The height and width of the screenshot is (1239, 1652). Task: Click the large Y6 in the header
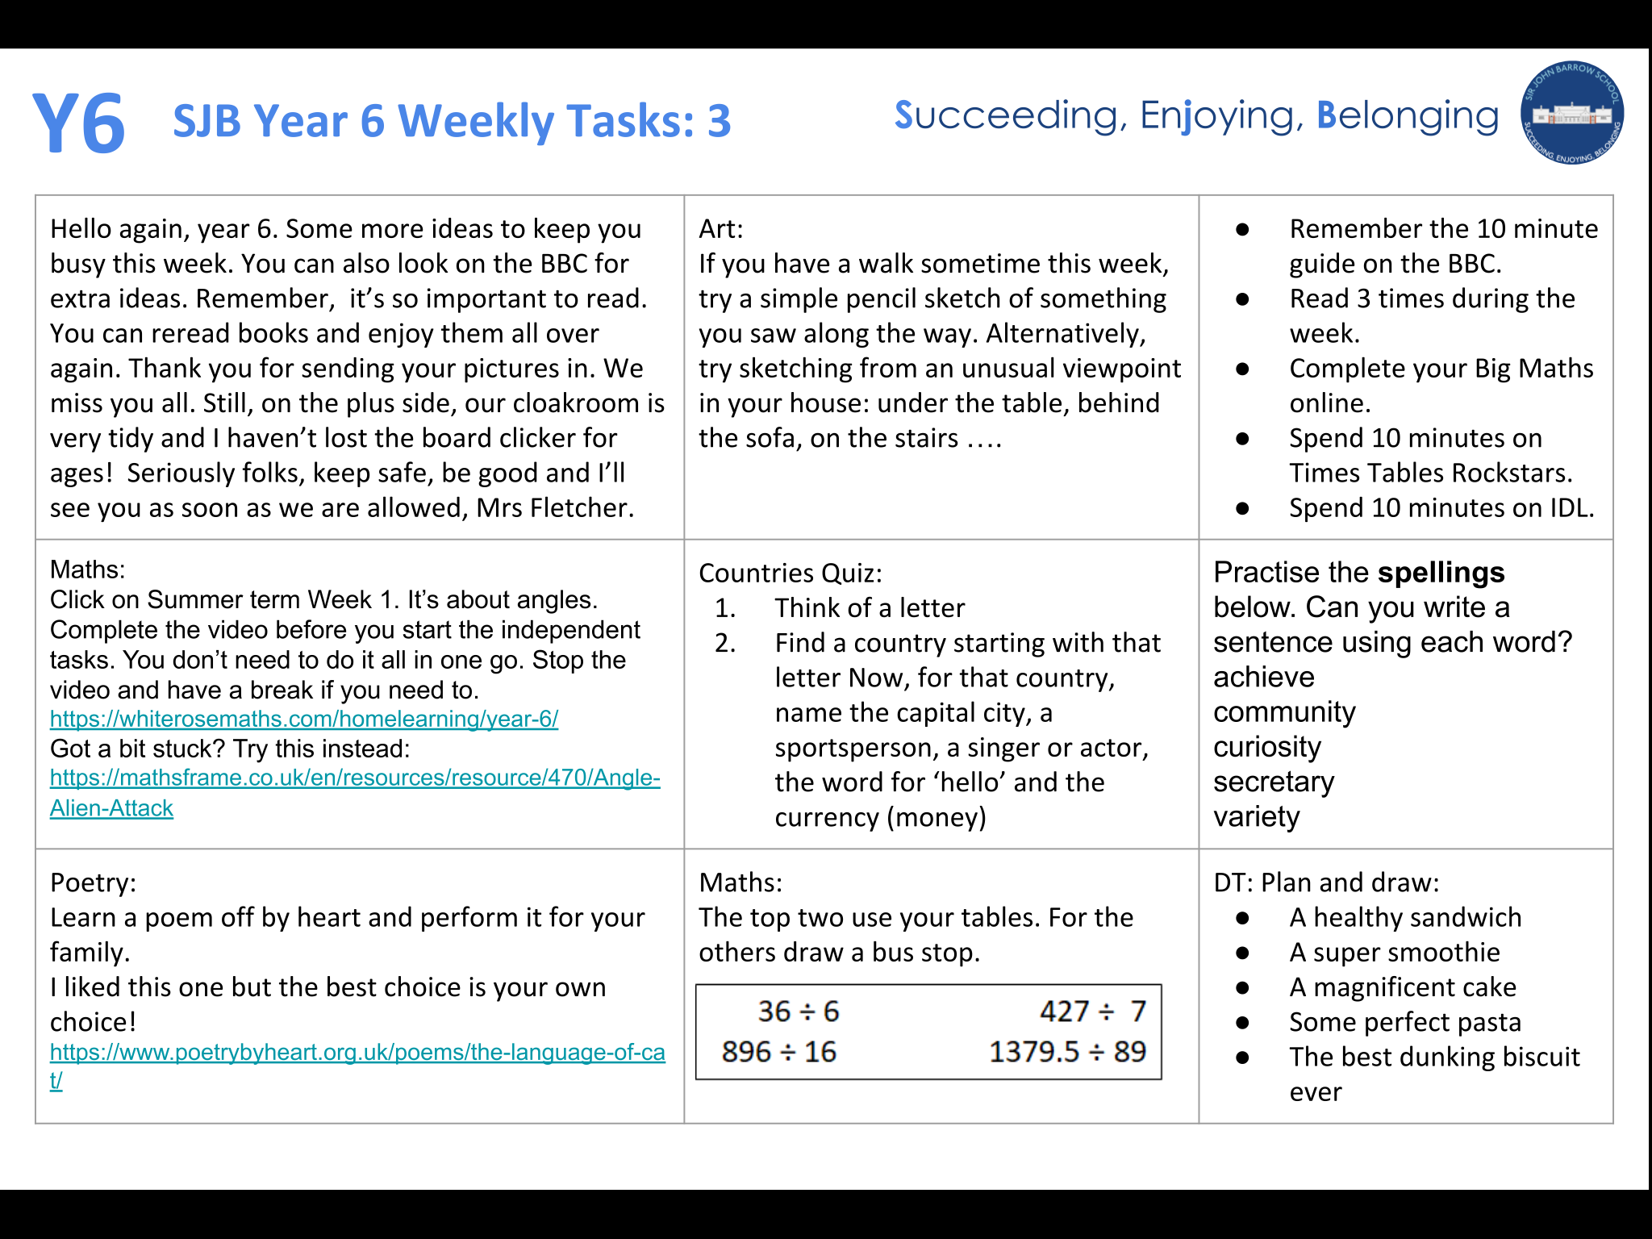[79, 123]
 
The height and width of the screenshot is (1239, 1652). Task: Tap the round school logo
[1571, 114]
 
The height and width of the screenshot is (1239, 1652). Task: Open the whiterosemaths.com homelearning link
[303, 719]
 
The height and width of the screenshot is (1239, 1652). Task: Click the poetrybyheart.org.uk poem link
[357, 1053]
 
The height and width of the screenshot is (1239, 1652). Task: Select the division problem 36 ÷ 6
[798, 1012]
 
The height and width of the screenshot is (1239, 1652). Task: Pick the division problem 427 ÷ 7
[1092, 1012]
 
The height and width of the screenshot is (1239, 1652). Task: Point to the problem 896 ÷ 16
[778, 1052]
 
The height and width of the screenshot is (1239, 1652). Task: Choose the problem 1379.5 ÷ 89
[1066, 1052]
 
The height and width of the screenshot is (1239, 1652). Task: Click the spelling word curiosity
[1266, 747]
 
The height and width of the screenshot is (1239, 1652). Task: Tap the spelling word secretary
[1273, 782]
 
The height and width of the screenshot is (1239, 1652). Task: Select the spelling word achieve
[1263, 677]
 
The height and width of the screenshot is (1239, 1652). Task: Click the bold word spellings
[1441, 572]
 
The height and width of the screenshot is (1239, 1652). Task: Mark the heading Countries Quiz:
[790, 573]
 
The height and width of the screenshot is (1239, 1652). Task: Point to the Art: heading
[720, 229]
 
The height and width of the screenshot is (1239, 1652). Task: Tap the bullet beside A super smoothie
[1242, 953]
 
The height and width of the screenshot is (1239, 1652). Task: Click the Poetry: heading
[93, 882]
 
